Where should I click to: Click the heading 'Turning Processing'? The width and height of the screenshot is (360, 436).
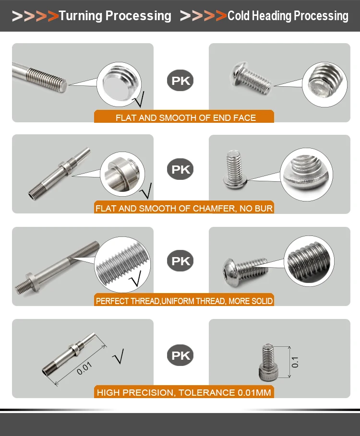coord(115,16)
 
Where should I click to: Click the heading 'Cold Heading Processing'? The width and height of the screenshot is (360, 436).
coord(288,16)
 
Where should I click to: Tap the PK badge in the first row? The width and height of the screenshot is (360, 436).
coord(180,81)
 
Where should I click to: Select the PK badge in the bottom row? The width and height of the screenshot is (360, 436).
coord(180,355)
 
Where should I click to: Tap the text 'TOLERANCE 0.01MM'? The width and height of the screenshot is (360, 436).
coord(225,392)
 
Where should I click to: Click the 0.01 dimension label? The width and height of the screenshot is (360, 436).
coord(84,368)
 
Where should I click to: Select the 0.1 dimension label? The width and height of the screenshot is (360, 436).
coord(295,362)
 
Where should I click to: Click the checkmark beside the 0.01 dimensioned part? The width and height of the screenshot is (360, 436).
coord(119,356)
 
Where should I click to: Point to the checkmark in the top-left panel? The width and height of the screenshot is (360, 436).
coord(138,100)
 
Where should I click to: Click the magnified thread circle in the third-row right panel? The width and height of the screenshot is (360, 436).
coord(309,261)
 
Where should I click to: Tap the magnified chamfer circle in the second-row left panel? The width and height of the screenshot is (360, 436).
coord(122,174)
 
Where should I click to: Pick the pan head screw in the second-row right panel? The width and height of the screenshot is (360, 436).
coord(235,170)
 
